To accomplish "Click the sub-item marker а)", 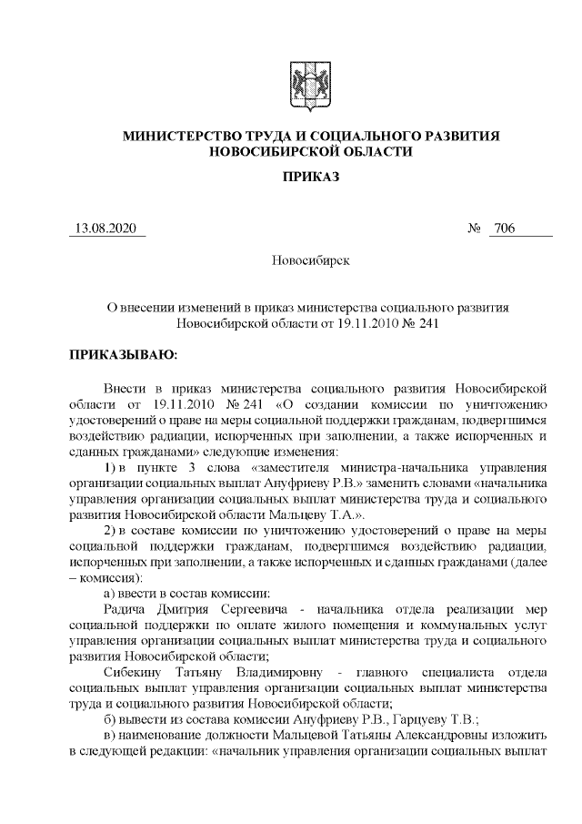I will click(111, 593).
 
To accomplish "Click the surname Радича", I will click(129, 608).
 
